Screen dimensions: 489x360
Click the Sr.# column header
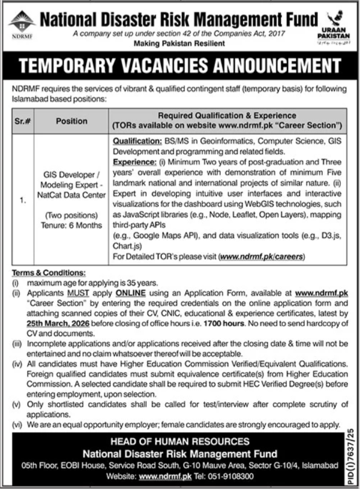tap(21, 121)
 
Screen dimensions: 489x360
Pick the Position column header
tap(71, 121)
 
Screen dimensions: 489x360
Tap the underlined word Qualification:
tap(137, 141)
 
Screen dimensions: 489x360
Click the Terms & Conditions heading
tap(48, 272)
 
